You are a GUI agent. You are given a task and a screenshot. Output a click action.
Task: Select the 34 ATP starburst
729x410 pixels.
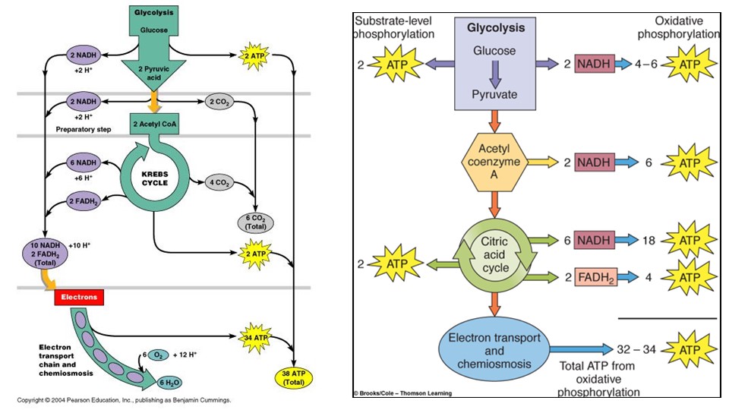click(257, 337)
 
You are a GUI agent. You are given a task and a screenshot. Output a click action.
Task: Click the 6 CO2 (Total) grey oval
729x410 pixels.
click(256, 222)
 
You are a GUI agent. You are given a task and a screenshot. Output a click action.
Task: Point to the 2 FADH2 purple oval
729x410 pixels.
click(82, 200)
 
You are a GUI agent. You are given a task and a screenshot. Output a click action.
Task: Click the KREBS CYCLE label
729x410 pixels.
click(153, 178)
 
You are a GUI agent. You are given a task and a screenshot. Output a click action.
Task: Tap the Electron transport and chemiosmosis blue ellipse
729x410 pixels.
click(496, 351)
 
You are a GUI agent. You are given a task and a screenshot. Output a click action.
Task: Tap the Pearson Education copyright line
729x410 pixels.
click(124, 400)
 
